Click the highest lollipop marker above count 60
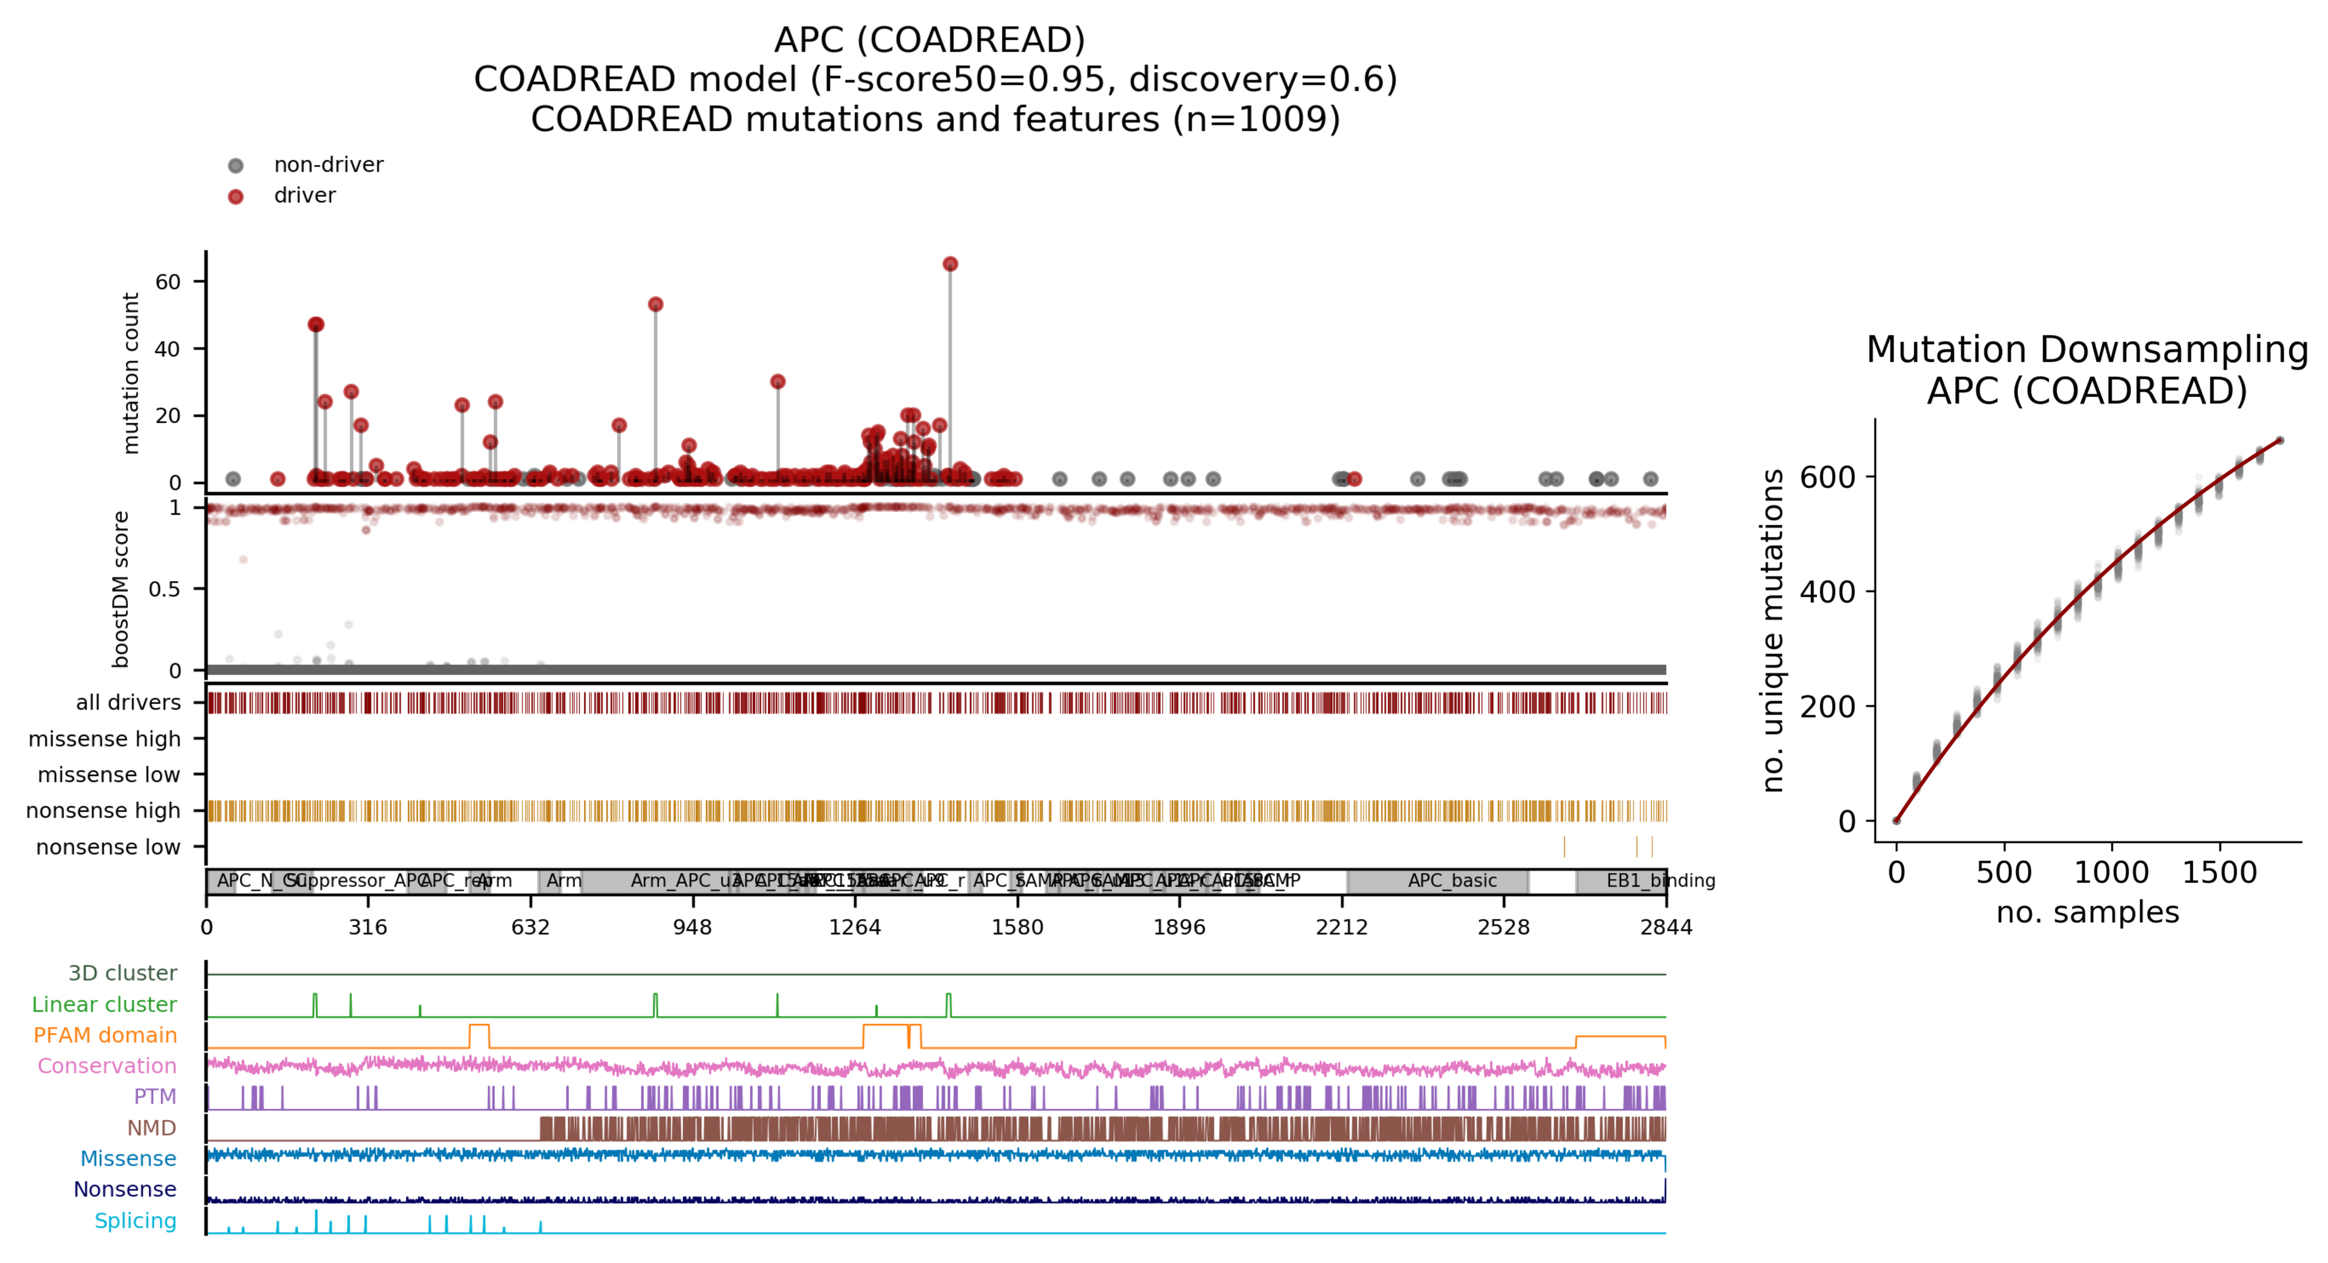point(950,264)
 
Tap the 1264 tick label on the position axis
point(854,927)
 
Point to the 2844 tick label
point(1666,927)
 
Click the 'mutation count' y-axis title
point(131,372)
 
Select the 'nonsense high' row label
point(103,810)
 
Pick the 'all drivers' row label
point(128,702)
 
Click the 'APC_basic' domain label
point(1452,880)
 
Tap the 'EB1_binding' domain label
point(1660,880)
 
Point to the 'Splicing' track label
point(136,1221)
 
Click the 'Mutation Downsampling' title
point(2087,350)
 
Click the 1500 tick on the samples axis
point(2219,872)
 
